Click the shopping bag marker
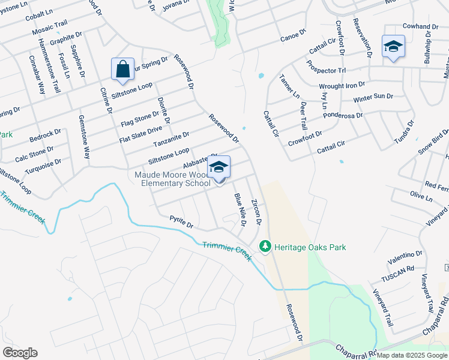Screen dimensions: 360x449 point(122,69)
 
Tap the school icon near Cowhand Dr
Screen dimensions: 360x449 point(393,46)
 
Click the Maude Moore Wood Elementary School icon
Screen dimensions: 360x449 point(219,167)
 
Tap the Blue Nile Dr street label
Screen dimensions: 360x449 point(240,209)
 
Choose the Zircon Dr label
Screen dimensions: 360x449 point(256,212)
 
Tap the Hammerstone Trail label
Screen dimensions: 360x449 point(49,66)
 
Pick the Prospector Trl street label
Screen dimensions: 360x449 point(326,66)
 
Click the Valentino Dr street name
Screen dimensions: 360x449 point(405,256)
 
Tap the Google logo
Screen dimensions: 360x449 point(20,353)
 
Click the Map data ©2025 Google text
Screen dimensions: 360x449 point(412,355)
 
